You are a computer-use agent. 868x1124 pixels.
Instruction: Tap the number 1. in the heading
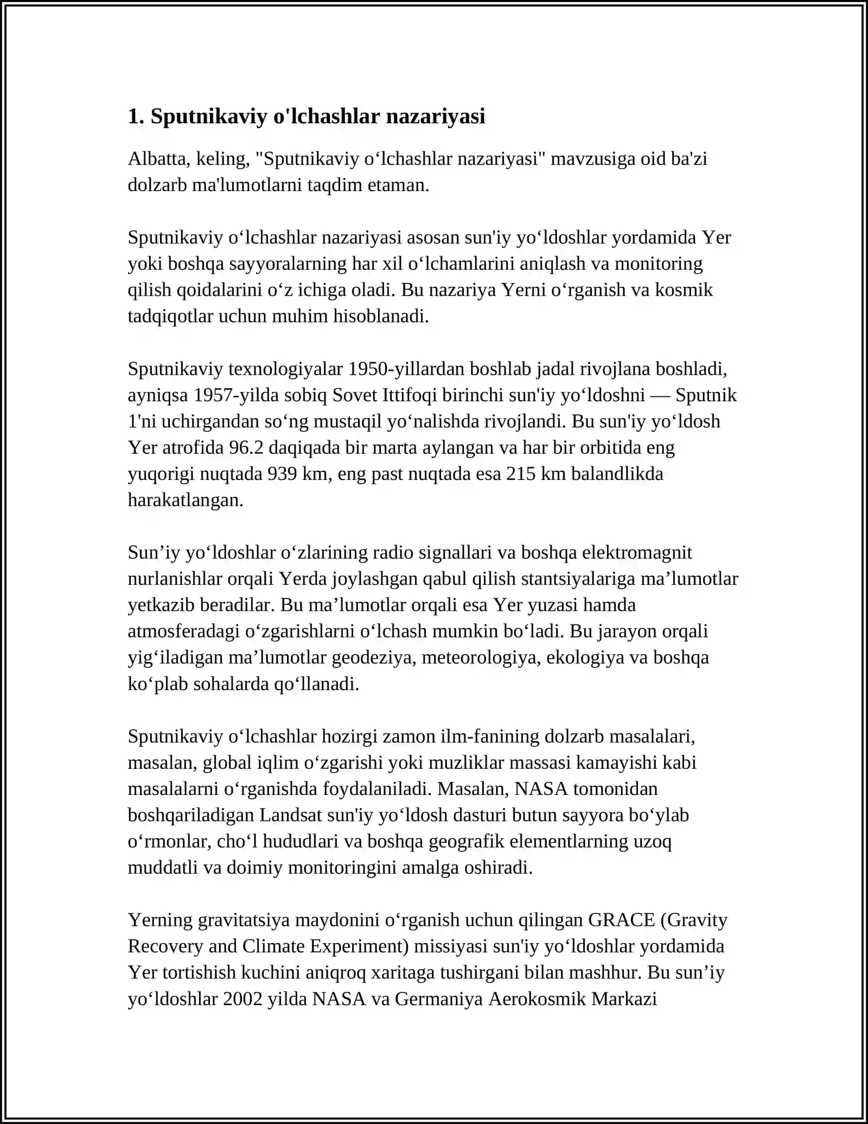[136, 116]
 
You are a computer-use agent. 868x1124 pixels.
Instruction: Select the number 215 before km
[521, 474]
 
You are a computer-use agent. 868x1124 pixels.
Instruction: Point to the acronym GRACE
[622, 920]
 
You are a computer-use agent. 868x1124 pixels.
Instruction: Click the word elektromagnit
[637, 553]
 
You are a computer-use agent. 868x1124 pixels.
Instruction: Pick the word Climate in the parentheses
[273, 946]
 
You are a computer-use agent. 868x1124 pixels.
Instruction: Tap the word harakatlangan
[186, 500]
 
